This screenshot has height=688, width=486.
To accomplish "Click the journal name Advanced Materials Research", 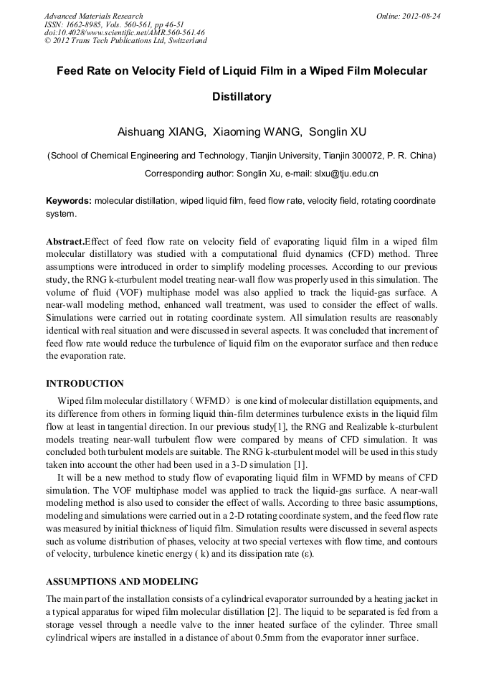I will point(94,16).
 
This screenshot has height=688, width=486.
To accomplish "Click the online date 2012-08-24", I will point(422,16).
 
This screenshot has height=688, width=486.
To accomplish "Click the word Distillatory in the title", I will point(242,96).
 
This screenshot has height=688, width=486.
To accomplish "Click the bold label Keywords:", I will point(69,201).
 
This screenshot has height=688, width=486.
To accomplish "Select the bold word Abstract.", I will point(65,242).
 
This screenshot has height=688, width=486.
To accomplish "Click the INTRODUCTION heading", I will point(85,384).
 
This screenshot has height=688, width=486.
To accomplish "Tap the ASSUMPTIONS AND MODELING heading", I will point(122,581).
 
